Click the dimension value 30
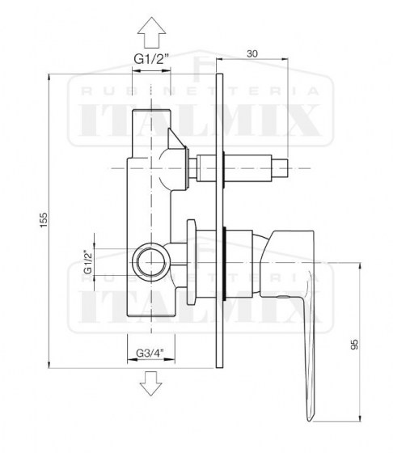coord(253,53)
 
